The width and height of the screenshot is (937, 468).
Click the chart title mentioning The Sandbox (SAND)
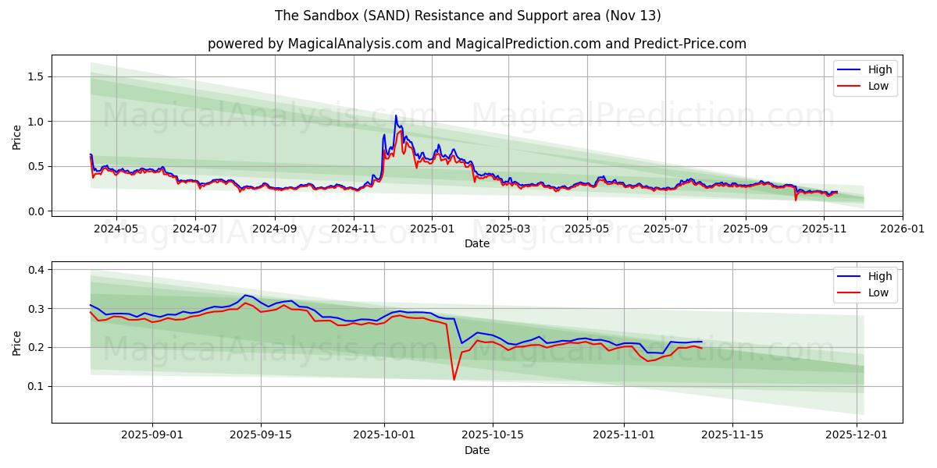(x=468, y=16)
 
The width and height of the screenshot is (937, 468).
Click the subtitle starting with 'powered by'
(x=476, y=44)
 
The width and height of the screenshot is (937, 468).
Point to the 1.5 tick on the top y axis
(x=35, y=76)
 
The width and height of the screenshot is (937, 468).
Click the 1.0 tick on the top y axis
(x=35, y=122)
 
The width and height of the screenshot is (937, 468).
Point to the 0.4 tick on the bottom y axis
(x=35, y=270)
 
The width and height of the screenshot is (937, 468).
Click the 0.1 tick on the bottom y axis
(x=35, y=387)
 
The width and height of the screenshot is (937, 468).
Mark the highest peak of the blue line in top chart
(x=396, y=115)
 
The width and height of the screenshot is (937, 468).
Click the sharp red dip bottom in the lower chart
(x=454, y=380)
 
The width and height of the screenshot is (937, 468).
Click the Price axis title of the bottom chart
(x=17, y=342)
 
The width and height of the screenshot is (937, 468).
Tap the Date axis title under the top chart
(x=476, y=243)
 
